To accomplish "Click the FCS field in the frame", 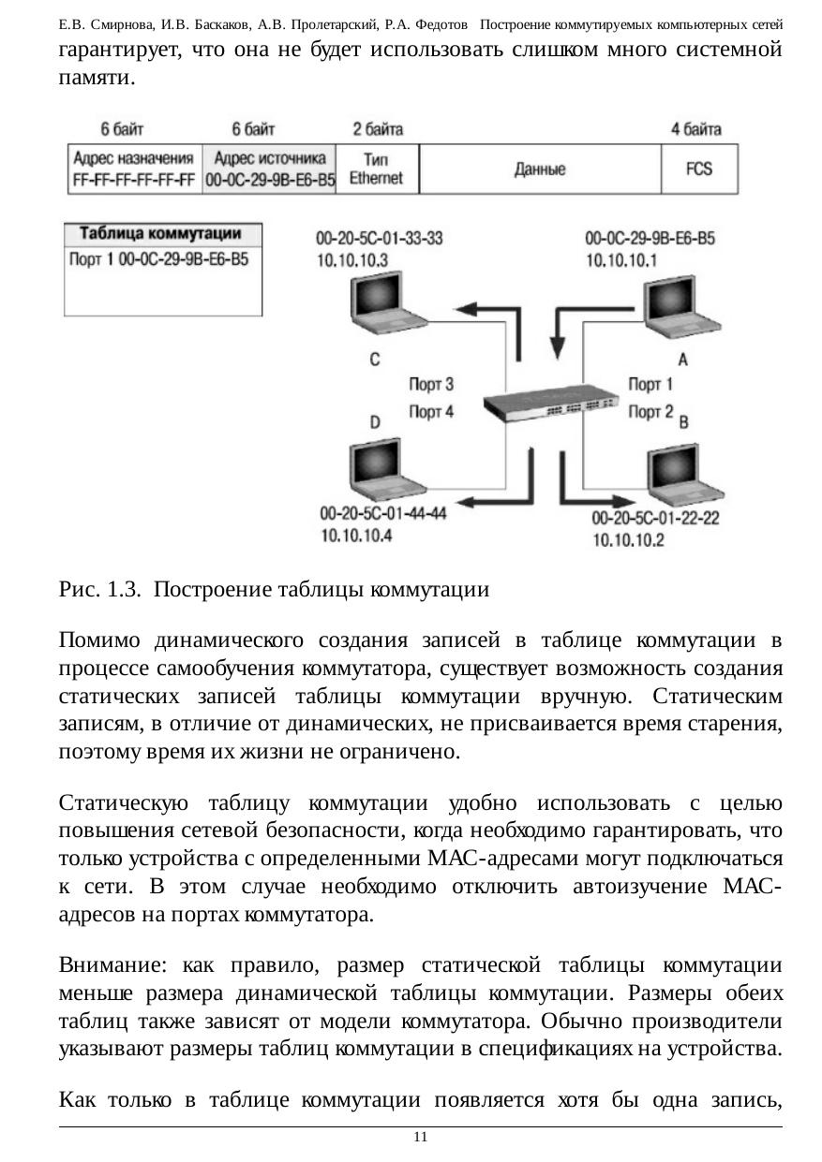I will tap(699, 169).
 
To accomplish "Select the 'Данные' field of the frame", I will tap(540, 169).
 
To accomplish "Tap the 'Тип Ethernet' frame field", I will tap(376, 169).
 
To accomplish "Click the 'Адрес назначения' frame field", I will tap(134, 169).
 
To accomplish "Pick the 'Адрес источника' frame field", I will tap(270, 169).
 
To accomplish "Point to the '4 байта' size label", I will tap(695, 128).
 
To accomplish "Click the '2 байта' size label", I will tap(378, 128).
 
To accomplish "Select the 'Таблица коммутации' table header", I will tap(160, 233).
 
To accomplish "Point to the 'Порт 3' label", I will tap(431, 384).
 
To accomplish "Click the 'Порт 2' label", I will tap(650, 411).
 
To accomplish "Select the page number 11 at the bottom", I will tap(420, 1137).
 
